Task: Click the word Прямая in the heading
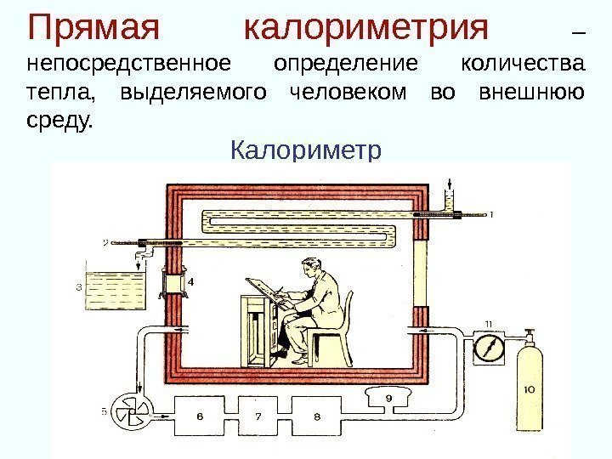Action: click(x=93, y=28)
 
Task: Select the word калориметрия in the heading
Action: click(x=367, y=28)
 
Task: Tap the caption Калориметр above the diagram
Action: click(x=307, y=151)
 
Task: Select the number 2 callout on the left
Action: click(x=105, y=242)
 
